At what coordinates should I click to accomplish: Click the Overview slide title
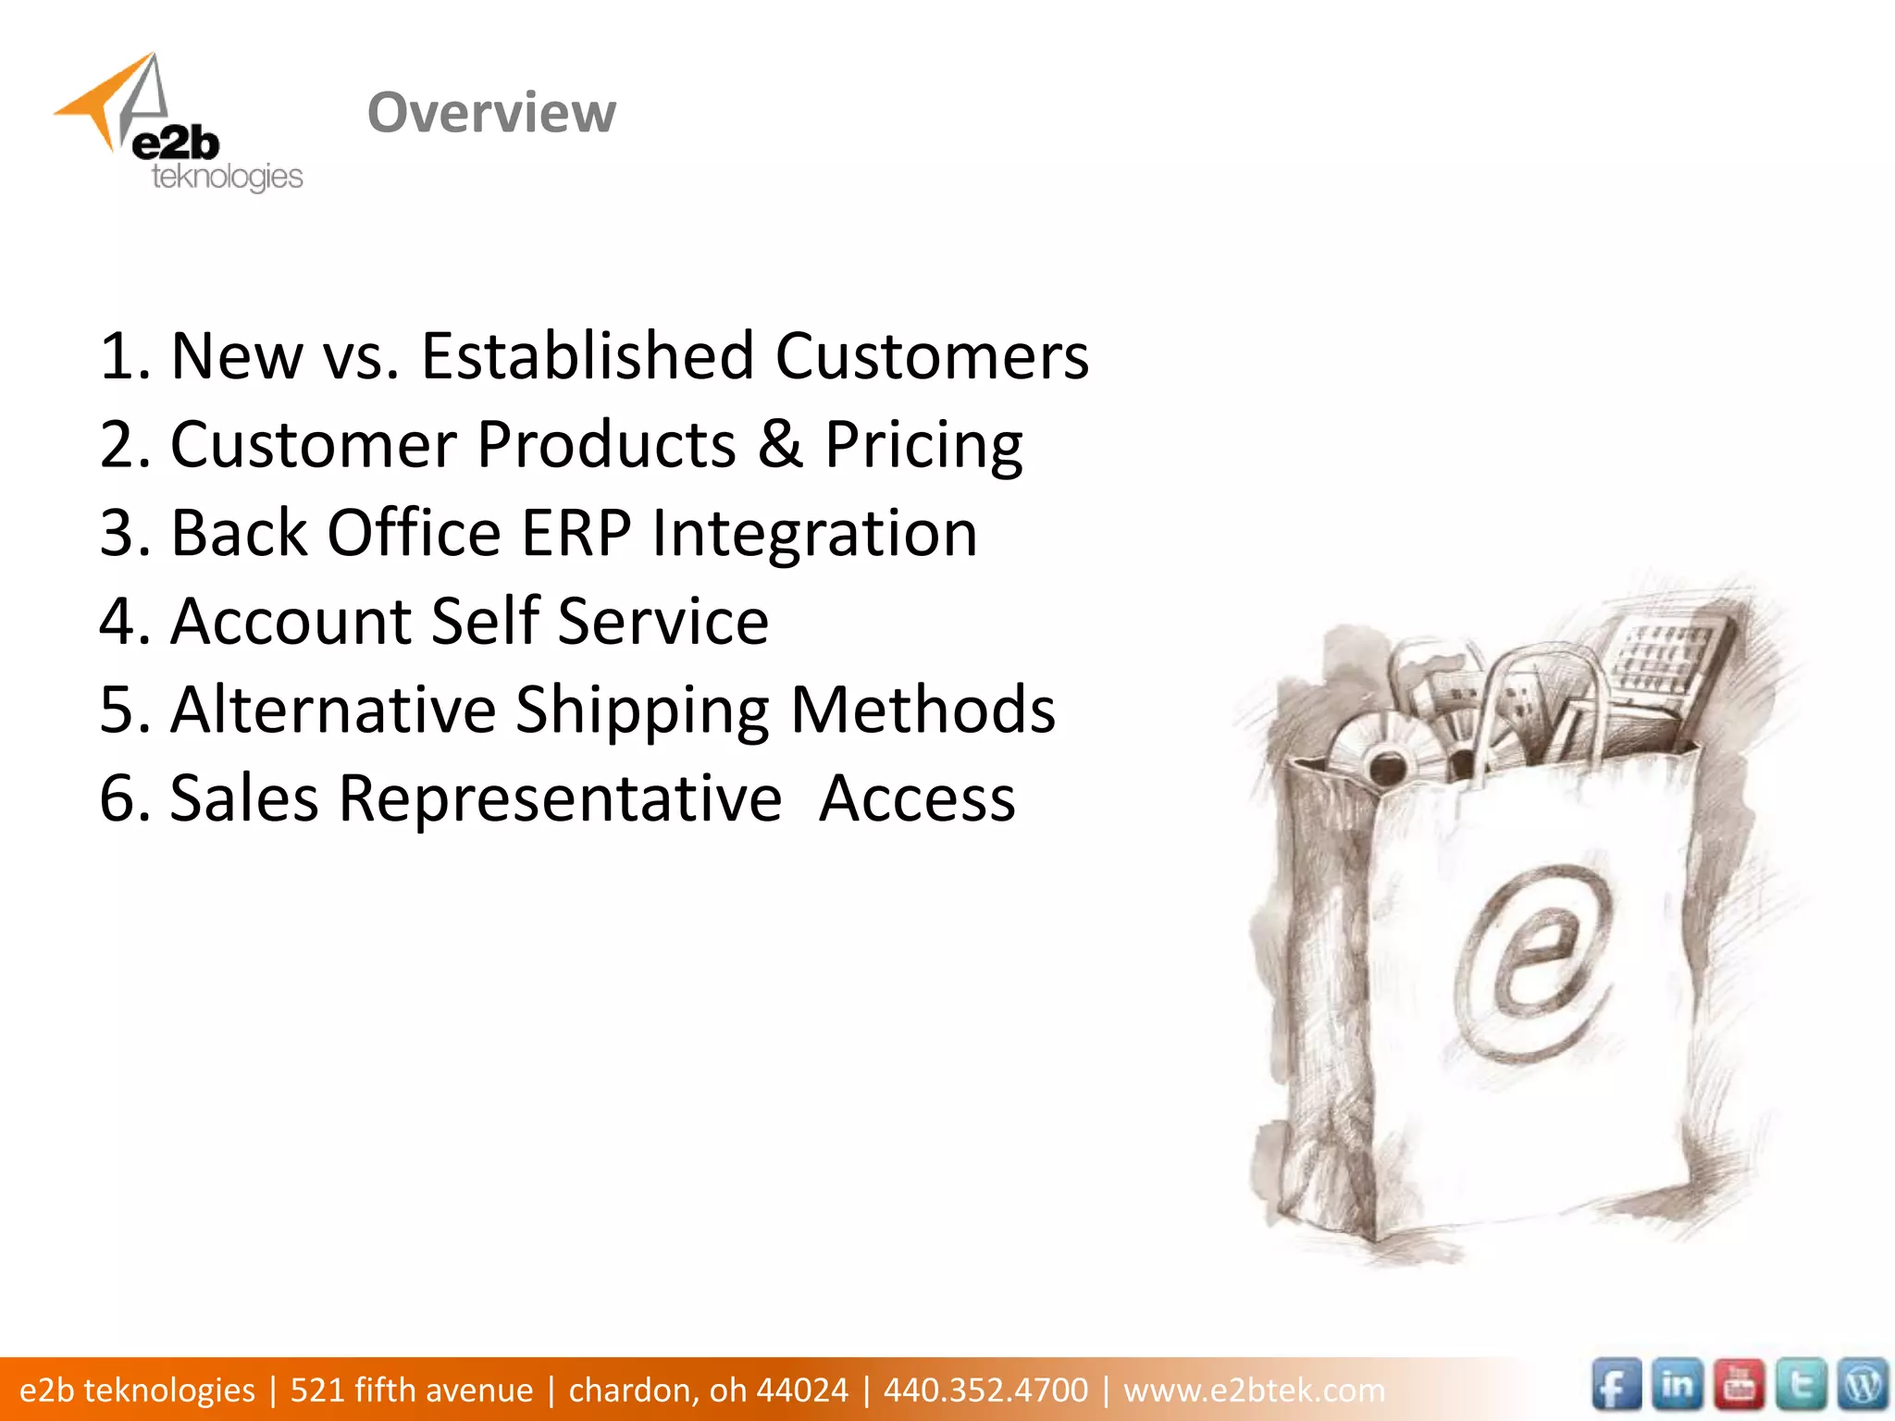[491, 113]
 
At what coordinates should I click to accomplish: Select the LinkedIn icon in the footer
[1677, 1386]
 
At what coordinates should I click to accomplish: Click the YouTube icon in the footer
[1739, 1386]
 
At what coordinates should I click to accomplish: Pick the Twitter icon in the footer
[1801, 1386]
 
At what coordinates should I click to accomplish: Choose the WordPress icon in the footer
[1862, 1386]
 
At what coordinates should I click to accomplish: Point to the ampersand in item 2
[780, 443]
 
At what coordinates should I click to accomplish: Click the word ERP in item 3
[576, 533]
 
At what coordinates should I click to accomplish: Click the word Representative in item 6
[560, 797]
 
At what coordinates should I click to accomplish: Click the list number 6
[118, 797]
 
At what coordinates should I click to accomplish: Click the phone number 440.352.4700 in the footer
[985, 1390]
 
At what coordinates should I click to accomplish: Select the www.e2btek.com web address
[1254, 1390]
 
